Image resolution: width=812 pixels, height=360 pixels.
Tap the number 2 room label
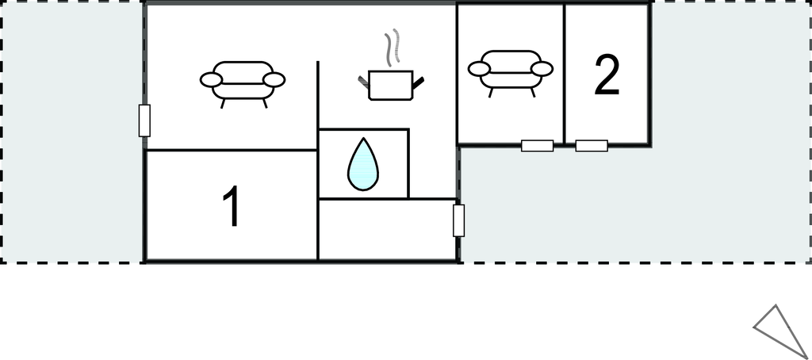607,75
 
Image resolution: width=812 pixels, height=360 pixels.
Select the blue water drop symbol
363,163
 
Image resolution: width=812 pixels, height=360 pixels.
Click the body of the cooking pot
390,86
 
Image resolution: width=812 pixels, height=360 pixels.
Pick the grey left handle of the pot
363,82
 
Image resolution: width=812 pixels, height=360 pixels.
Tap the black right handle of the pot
417,82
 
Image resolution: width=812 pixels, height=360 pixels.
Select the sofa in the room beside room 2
511,71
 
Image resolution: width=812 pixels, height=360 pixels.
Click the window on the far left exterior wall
144,121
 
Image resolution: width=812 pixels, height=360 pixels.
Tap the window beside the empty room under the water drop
458,220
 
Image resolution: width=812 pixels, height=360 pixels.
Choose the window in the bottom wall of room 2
592,146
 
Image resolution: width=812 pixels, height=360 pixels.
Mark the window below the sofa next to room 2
537,146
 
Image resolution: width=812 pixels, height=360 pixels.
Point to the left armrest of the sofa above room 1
211,80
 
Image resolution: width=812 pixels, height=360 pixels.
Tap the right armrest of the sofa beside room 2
542,68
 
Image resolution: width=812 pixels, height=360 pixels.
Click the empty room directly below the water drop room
387,229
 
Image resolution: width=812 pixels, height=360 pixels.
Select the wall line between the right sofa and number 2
564,74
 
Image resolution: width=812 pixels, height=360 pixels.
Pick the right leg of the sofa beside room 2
532,92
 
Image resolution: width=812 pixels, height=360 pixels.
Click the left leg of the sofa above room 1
223,104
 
